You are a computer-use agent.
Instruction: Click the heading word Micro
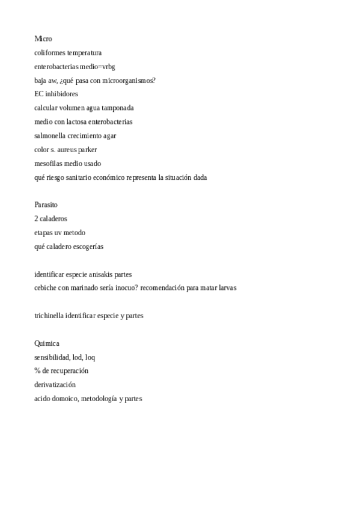43,39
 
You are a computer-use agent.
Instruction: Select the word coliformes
50,53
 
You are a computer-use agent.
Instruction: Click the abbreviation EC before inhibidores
39,94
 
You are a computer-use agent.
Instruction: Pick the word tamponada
118,108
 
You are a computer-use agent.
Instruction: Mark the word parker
88,150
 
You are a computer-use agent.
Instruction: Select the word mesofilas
49,164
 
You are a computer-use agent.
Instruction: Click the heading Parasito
46,205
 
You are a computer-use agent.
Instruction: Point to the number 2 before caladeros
37,219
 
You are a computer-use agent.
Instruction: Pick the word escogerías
92,247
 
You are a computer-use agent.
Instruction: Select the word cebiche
46,288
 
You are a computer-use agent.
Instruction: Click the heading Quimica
47,343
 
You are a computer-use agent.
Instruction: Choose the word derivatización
55,385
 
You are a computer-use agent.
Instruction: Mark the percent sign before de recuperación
37,371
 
